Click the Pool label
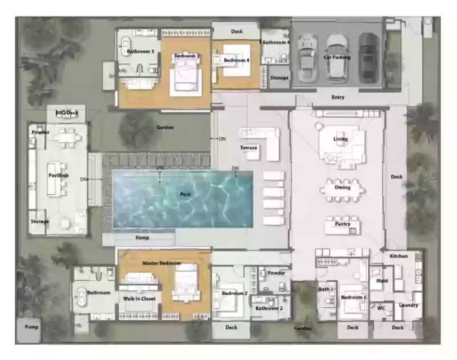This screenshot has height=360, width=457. coord(185,194)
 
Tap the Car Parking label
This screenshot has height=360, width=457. coord(337,58)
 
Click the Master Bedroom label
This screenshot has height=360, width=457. coord(161,263)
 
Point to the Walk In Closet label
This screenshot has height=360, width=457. coord(139,299)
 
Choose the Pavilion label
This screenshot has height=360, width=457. coord(58,175)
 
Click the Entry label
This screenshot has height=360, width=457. coord(338,97)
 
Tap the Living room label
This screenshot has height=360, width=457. coord(340,139)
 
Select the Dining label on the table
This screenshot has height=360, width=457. coord(342,187)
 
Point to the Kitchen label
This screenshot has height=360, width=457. coord(399,256)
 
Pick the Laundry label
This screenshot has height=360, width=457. coord(408,305)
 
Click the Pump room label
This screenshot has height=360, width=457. coord(31,327)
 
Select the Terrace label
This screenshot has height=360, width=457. coord(248,148)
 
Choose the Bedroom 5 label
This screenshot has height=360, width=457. coord(354,297)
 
